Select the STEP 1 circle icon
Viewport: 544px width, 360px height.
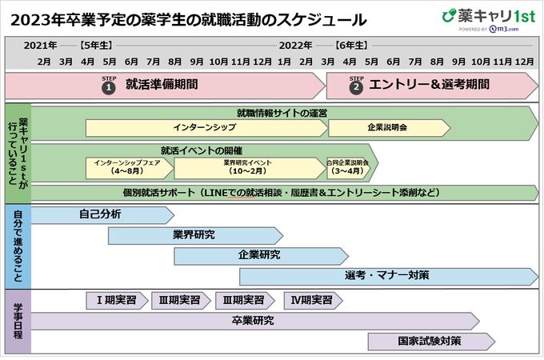[110, 88]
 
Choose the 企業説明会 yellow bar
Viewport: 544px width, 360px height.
[387, 127]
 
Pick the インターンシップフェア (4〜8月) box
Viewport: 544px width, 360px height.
[129, 167]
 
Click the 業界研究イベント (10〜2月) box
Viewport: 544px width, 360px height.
[247, 167]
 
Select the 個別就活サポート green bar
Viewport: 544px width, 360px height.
[284, 193]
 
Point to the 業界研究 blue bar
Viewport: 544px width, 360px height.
[194, 235]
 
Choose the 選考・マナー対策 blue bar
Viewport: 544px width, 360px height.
[388, 276]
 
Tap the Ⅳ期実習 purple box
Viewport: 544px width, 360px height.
[313, 300]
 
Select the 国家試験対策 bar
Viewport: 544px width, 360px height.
[430, 341]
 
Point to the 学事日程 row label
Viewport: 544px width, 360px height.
[18, 322]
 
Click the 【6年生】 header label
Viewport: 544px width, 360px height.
[351, 45]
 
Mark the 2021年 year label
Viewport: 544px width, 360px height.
[40, 45]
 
